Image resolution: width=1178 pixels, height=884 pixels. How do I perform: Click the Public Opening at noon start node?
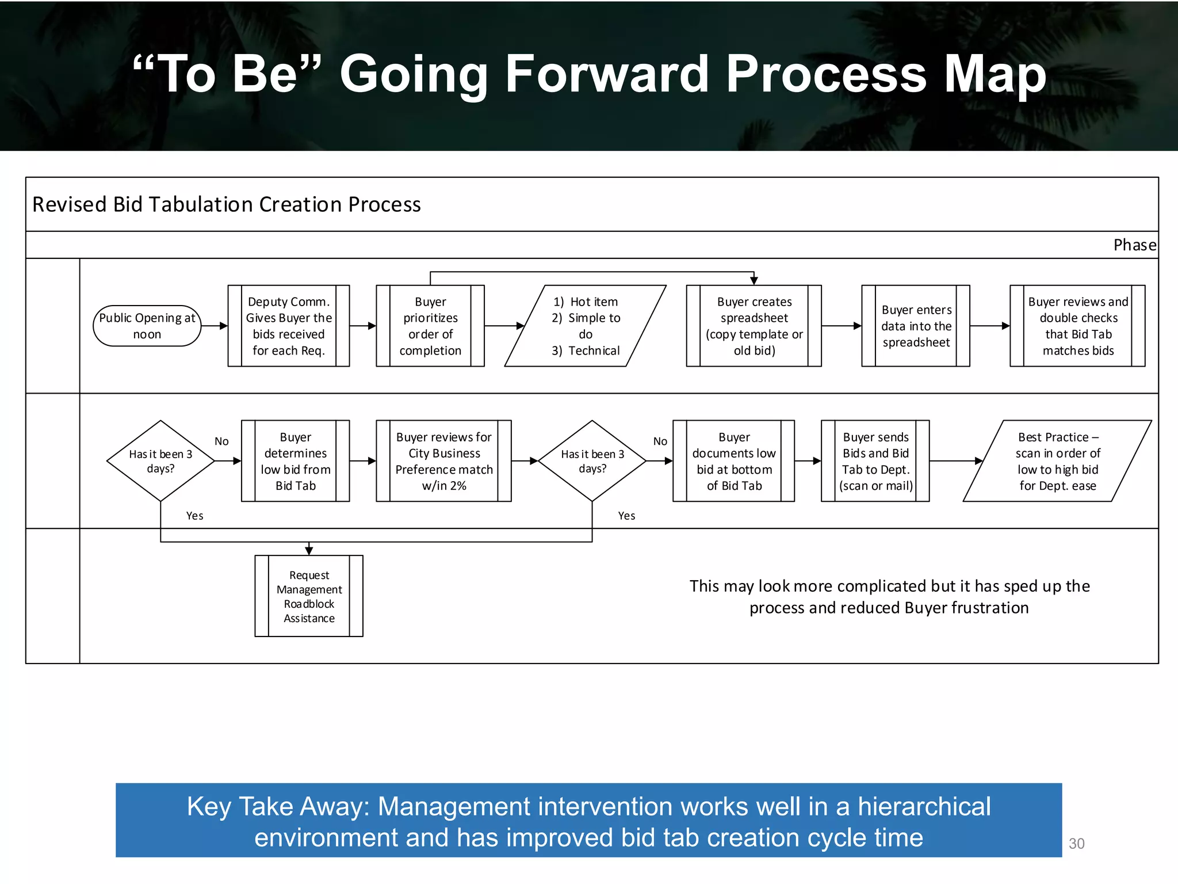[147, 326]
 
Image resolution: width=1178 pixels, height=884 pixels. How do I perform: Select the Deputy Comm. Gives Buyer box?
[289, 326]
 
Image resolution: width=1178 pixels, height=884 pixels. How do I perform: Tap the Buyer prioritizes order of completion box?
[430, 326]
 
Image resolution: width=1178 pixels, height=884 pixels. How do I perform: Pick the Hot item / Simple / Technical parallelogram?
[586, 326]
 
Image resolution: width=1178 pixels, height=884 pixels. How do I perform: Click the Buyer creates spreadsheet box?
[754, 326]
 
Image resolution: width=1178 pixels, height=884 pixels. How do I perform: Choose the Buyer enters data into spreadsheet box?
[916, 326]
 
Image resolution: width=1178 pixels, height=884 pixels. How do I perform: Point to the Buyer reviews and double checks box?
[1078, 326]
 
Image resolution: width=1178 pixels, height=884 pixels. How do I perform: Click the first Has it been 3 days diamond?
[160, 461]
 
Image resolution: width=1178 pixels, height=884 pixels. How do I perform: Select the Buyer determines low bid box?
[296, 461]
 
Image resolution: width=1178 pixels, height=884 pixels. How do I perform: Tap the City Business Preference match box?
[443, 461]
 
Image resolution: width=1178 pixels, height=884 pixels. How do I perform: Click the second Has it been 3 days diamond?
[592, 461]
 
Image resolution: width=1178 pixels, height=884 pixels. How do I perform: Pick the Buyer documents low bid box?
[734, 461]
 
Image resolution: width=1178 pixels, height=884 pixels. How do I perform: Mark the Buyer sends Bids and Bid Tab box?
[875, 461]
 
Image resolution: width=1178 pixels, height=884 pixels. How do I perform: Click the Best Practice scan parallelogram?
[1057, 461]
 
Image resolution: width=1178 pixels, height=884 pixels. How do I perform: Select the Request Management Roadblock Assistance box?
[309, 596]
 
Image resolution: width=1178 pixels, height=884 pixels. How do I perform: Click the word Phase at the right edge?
[1134, 245]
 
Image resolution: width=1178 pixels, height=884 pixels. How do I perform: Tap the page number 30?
[1076, 844]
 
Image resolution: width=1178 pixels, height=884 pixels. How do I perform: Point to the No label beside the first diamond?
[221, 441]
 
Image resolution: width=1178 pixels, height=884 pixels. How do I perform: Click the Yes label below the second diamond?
[626, 516]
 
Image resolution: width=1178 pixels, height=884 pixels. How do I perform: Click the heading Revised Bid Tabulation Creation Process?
[227, 205]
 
